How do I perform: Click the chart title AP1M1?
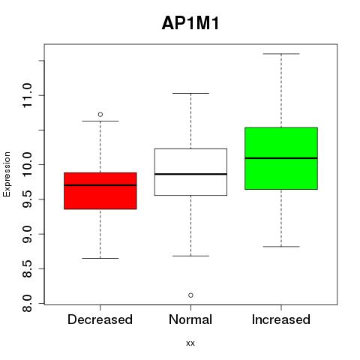[x=190, y=23]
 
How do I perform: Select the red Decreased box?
[x=100, y=190]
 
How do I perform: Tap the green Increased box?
[x=281, y=158]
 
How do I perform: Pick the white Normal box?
[x=190, y=172]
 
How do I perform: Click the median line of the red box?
[x=100, y=185]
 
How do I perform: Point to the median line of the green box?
[x=281, y=158]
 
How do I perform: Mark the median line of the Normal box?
[x=190, y=174]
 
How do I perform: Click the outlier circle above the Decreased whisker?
[x=100, y=115]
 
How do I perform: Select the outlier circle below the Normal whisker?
[x=190, y=295]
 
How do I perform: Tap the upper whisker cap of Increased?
[x=281, y=54]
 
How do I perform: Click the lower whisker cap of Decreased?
[x=100, y=258]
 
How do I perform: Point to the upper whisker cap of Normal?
[x=190, y=93]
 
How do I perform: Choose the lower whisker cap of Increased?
[x=281, y=247]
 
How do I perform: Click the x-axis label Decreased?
[x=100, y=319]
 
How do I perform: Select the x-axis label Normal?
[x=190, y=319]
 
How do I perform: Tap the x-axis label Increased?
[x=281, y=319]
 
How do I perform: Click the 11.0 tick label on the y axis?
[x=27, y=95]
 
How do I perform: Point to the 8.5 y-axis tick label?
[x=27, y=268]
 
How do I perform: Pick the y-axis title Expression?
[x=7, y=175]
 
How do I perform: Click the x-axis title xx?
[x=190, y=343]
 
